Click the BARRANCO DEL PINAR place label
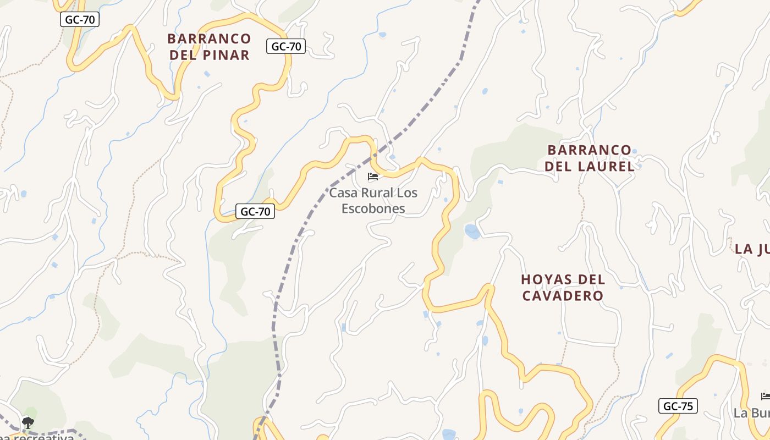(209, 47)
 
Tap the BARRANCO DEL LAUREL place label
(590, 158)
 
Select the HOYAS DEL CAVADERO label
(563, 287)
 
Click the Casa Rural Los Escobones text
(373, 200)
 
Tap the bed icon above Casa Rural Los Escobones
(373, 177)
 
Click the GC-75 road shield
(678, 406)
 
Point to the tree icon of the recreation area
(28, 422)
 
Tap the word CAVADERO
(563, 295)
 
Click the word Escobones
(373, 208)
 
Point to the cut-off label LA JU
(752, 249)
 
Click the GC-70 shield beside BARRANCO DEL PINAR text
(286, 46)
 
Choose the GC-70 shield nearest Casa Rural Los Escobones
(255, 211)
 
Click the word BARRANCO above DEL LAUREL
(590, 150)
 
